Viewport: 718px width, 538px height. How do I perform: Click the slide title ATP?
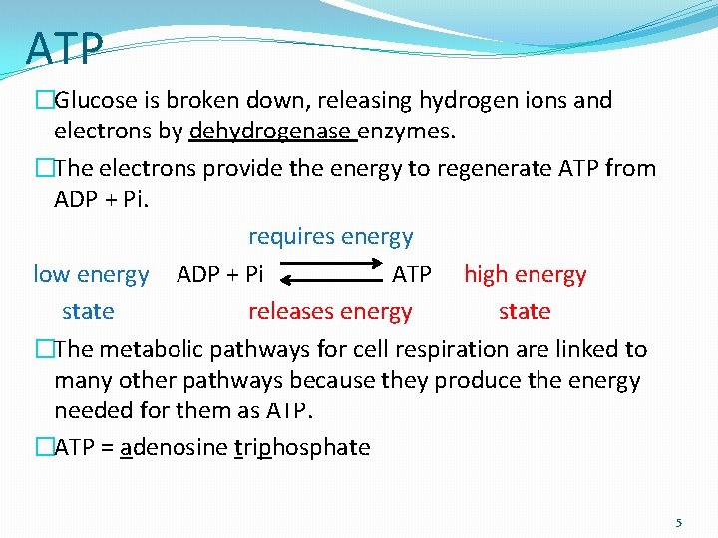(x=65, y=48)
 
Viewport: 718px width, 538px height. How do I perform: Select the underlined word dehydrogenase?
(x=271, y=131)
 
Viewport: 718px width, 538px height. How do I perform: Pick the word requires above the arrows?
(x=291, y=237)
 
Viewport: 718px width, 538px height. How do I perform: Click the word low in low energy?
(x=51, y=274)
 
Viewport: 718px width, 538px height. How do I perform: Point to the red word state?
(x=525, y=311)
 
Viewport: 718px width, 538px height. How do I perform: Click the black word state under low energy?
(x=88, y=311)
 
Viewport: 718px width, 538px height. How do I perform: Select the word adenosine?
(x=174, y=447)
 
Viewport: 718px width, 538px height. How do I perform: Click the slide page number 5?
(x=679, y=522)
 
